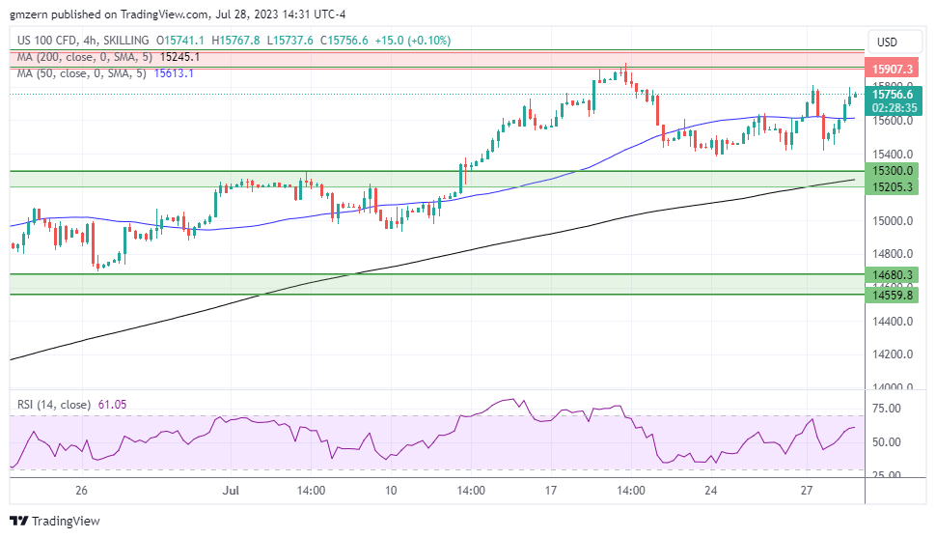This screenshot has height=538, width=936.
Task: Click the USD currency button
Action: click(x=885, y=42)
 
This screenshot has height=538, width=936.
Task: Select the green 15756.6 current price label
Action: click(x=894, y=95)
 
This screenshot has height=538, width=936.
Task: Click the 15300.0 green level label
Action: click(x=894, y=170)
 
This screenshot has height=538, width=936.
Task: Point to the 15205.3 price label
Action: click(x=894, y=186)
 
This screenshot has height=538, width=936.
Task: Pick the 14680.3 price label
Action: click(x=894, y=274)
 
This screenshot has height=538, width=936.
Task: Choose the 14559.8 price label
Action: click(x=894, y=295)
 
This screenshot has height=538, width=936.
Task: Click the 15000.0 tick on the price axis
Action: click(x=894, y=221)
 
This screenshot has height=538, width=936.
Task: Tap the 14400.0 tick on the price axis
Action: click(x=894, y=322)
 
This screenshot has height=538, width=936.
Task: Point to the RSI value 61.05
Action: click(x=112, y=405)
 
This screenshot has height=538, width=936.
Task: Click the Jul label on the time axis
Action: click(x=231, y=491)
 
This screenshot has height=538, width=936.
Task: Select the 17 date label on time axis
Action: click(x=551, y=491)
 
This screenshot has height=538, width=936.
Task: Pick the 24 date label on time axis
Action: click(x=711, y=491)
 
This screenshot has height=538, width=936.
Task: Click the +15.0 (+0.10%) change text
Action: click(x=416, y=41)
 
